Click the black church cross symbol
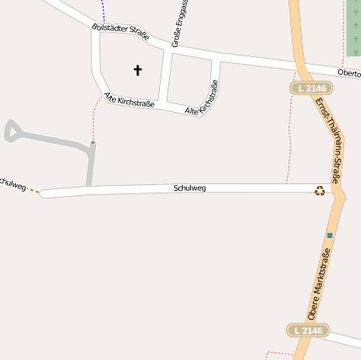click(138, 70)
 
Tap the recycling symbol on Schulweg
click(320, 191)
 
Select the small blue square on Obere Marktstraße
click(330, 236)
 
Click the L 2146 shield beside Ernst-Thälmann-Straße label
click(311, 87)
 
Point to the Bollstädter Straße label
click(120, 33)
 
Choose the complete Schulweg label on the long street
click(189, 188)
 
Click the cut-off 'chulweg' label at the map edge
click(13, 183)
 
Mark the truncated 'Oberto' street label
click(348, 73)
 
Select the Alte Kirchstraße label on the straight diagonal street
click(129, 103)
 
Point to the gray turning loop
click(13, 131)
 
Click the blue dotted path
click(104, 11)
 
